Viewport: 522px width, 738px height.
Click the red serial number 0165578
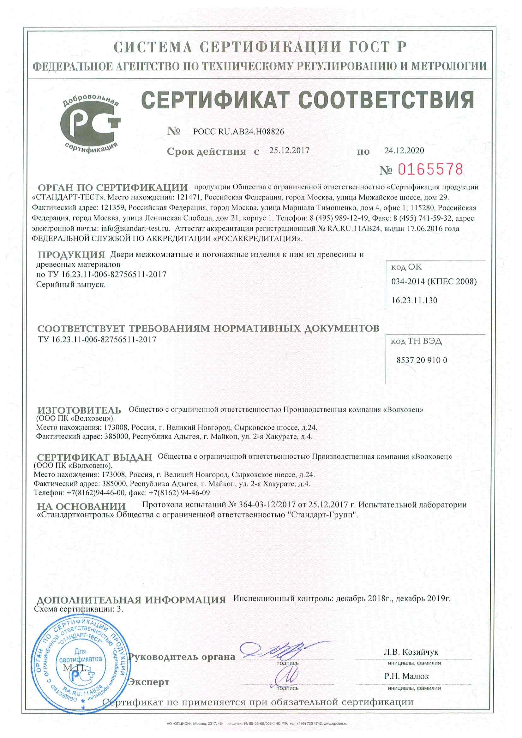click(x=430, y=169)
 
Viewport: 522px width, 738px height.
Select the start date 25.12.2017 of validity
click(x=289, y=151)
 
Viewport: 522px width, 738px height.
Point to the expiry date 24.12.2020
click(x=404, y=151)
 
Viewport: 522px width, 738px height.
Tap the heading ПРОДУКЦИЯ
click(x=71, y=255)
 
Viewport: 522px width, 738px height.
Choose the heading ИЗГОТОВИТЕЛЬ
click(x=79, y=410)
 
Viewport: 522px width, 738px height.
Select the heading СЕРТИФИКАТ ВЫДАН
click(x=94, y=457)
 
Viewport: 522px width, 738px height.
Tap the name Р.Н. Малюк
click(x=406, y=676)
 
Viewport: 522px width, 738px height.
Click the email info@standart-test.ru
click(x=135, y=229)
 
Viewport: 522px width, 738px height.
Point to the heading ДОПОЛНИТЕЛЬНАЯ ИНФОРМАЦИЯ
click(x=131, y=600)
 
